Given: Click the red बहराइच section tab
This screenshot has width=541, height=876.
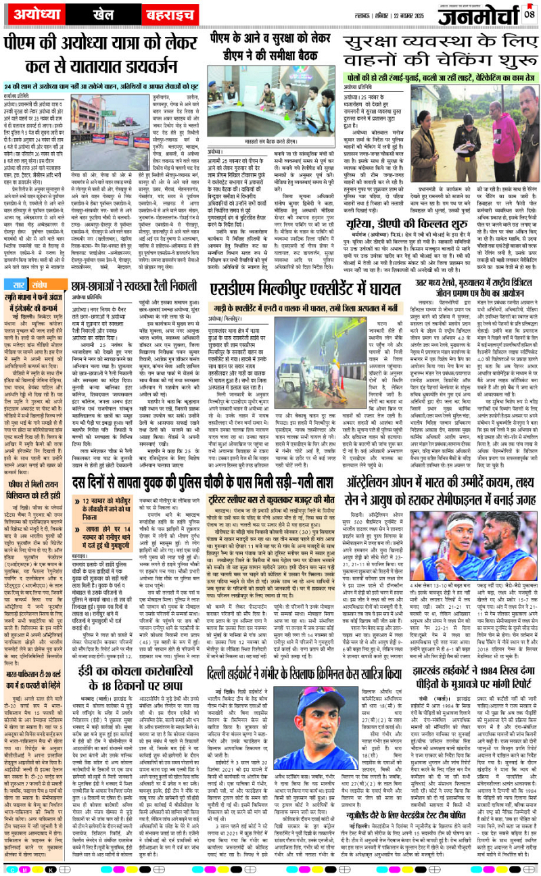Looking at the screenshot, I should click(x=168, y=14).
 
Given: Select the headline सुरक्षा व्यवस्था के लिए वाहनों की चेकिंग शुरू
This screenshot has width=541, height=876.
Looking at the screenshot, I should click(x=440, y=51).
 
